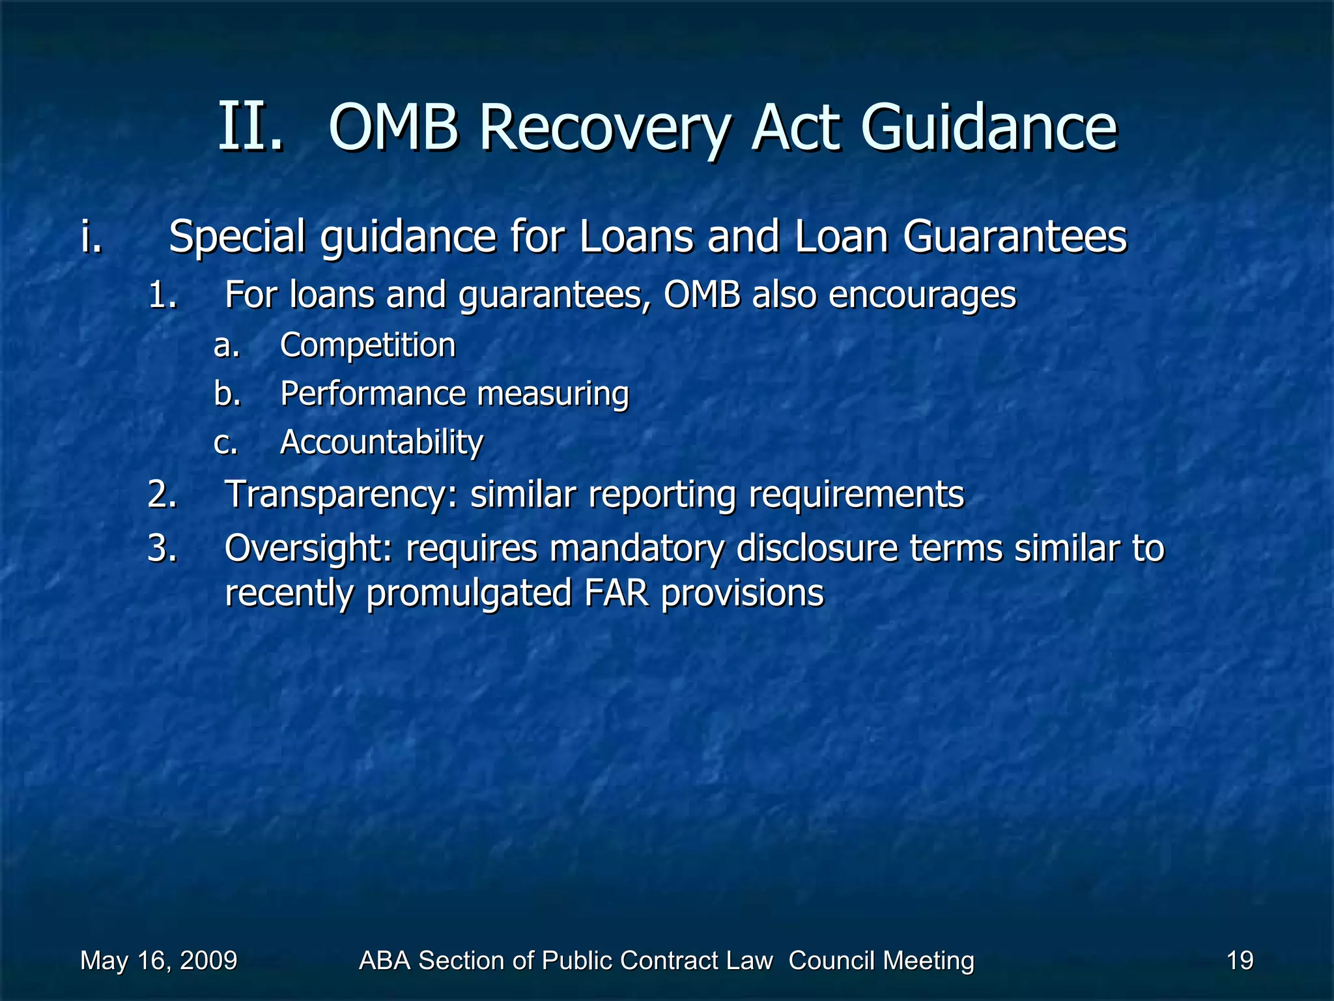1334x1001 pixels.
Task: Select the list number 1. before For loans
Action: (163, 295)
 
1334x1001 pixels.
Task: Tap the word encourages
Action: (922, 295)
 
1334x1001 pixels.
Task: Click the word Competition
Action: (367, 345)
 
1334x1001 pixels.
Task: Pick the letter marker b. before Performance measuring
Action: (227, 394)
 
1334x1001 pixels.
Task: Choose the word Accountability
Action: (382, 442)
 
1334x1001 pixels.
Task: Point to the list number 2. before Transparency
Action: (163, 494)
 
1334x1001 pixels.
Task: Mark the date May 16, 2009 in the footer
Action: (159, 961)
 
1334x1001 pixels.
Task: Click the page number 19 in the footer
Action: (1240, 961)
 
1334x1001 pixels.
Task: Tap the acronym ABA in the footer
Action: (384, 961)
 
